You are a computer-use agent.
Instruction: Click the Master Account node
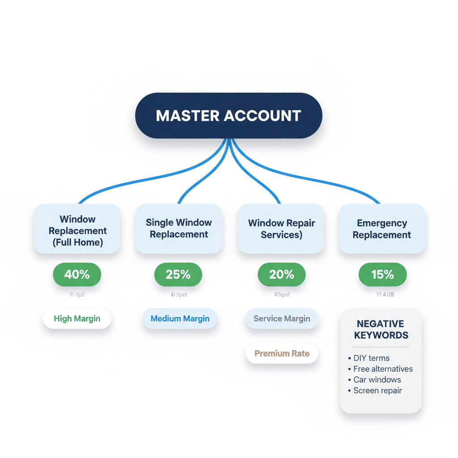tap(229, 115)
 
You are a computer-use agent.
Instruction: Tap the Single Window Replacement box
tap(179, 229)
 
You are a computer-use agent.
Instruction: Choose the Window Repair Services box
tap(281, 229)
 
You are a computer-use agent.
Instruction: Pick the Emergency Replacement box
tap(382, 229)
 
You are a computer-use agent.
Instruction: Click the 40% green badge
tap(77, 275)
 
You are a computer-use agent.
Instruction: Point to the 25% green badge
tap(178, 275)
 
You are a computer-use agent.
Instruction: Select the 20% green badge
tap(281, 275)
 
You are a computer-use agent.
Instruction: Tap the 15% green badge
tap(382, 275)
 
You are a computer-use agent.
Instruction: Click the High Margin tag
tap(77, 319)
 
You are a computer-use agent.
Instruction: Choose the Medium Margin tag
tap(180, 319)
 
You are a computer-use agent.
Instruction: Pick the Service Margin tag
tap(282, 319)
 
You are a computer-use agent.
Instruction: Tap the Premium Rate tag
tap(282, 353)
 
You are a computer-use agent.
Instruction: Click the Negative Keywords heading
tap(381, 330)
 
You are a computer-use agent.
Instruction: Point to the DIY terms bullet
tap(371, 358)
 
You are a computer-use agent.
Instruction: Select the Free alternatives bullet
tap(383, 369)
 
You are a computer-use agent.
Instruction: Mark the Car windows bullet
tap(377, 380)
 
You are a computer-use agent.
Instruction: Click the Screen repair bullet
tap(377, 390)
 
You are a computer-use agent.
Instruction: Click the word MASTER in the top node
tap(188, 116)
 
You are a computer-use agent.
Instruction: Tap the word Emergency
tap(382, 223)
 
